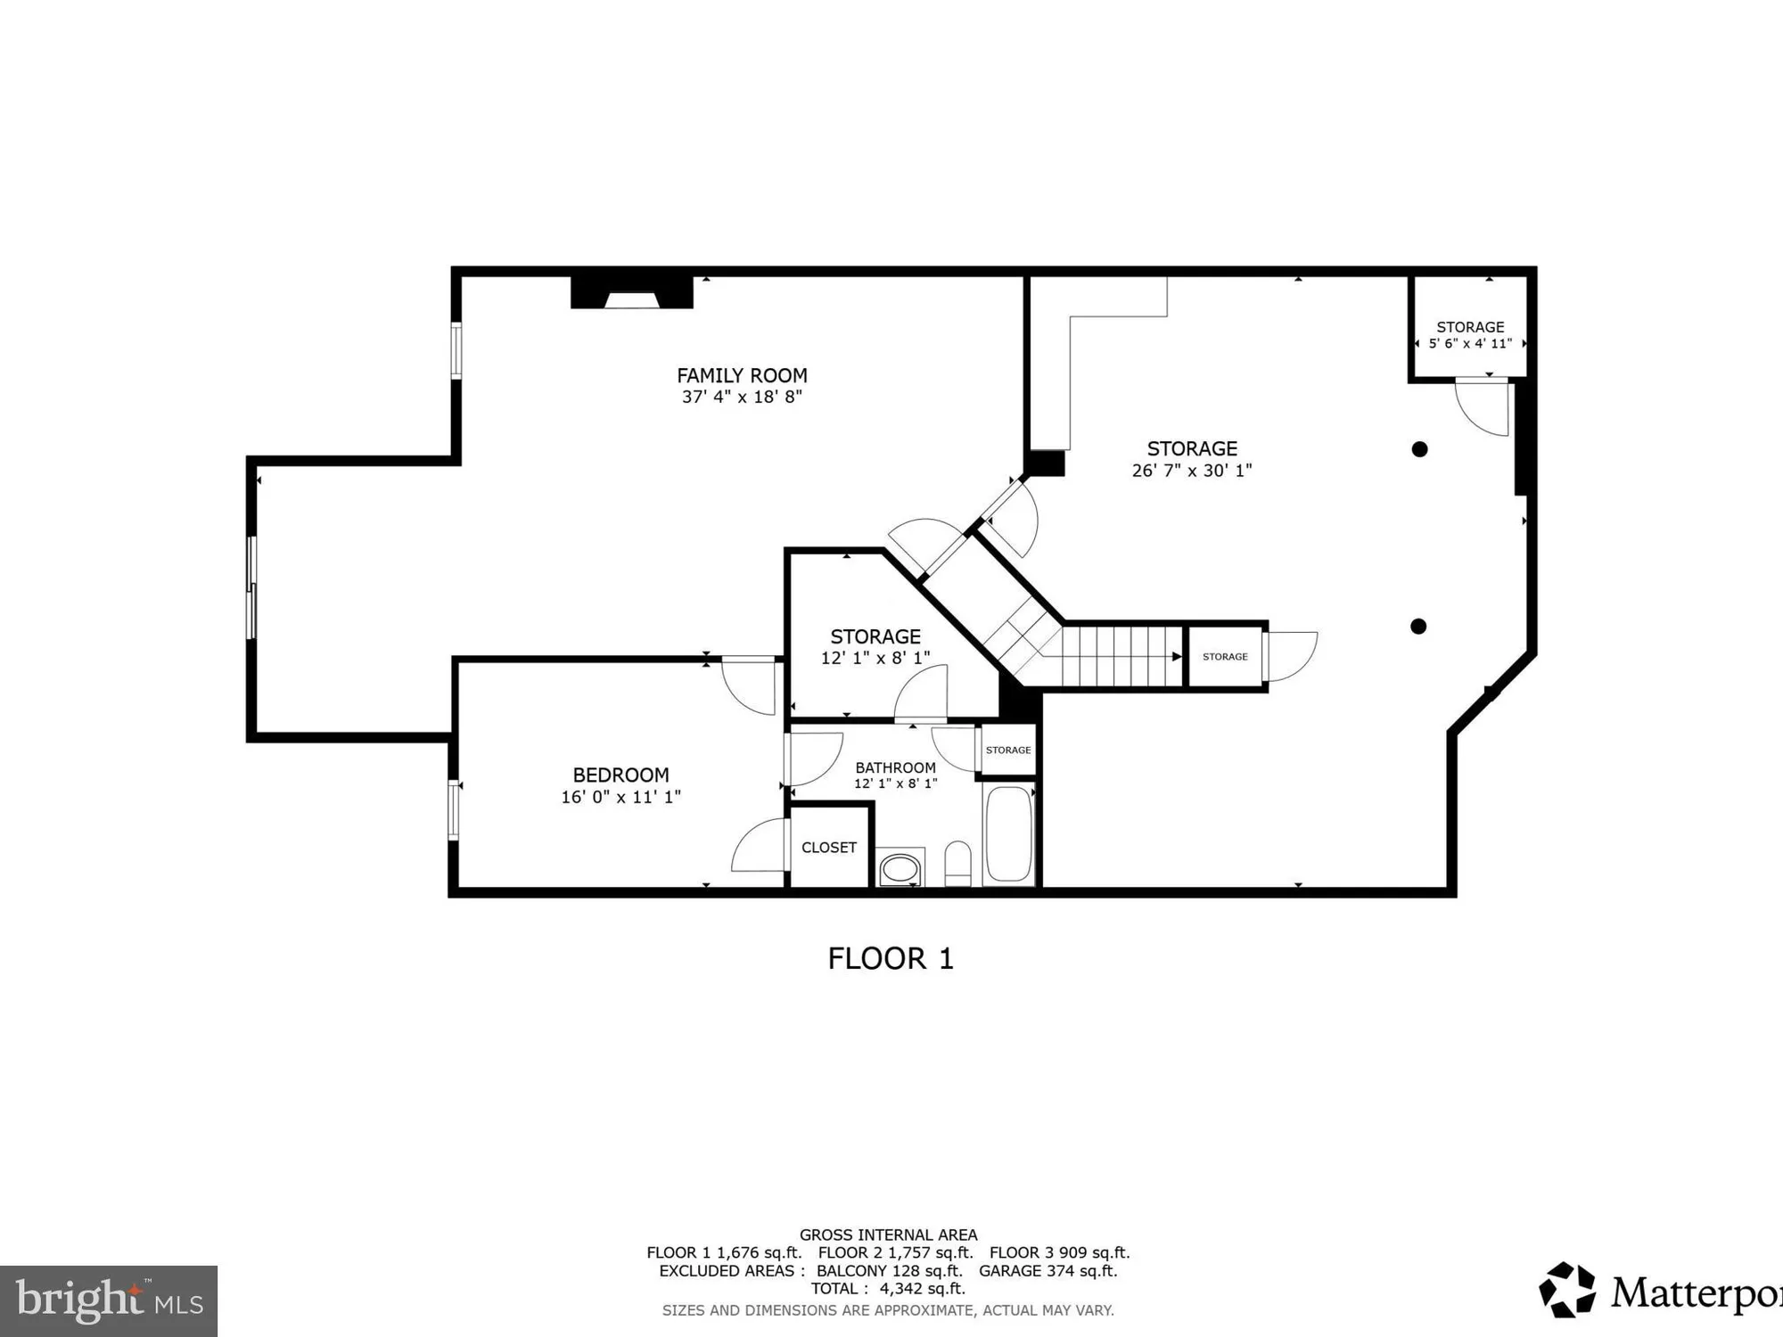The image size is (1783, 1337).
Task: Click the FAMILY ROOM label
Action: [742, 375]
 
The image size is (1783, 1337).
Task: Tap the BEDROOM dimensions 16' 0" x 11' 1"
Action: [620, 797]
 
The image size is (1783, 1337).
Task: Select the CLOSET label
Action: [829, 848]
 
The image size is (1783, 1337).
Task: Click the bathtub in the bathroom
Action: [1009, 834]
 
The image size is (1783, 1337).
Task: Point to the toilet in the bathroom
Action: [957, 863]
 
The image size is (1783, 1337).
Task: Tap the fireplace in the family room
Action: [631, 293]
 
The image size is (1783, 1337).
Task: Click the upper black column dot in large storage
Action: [1420, 449]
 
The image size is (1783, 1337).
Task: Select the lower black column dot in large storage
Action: [1418, 627]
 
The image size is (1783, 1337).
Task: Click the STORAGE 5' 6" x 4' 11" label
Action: [1470, 334]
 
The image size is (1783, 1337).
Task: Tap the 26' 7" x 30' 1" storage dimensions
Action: [1192, 471]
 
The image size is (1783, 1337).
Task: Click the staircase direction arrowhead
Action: [1177, 657]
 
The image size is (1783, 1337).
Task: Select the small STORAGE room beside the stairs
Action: [1225, 657]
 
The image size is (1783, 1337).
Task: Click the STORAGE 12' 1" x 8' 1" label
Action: [875, 646]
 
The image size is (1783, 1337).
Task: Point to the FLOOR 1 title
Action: [891, 959]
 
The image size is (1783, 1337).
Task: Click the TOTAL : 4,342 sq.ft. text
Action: [888, 1288]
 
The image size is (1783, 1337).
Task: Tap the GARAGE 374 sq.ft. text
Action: [1048, 1271]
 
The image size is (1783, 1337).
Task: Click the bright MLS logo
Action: [109, 1300]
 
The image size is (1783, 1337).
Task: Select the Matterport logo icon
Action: [1567, 1290]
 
